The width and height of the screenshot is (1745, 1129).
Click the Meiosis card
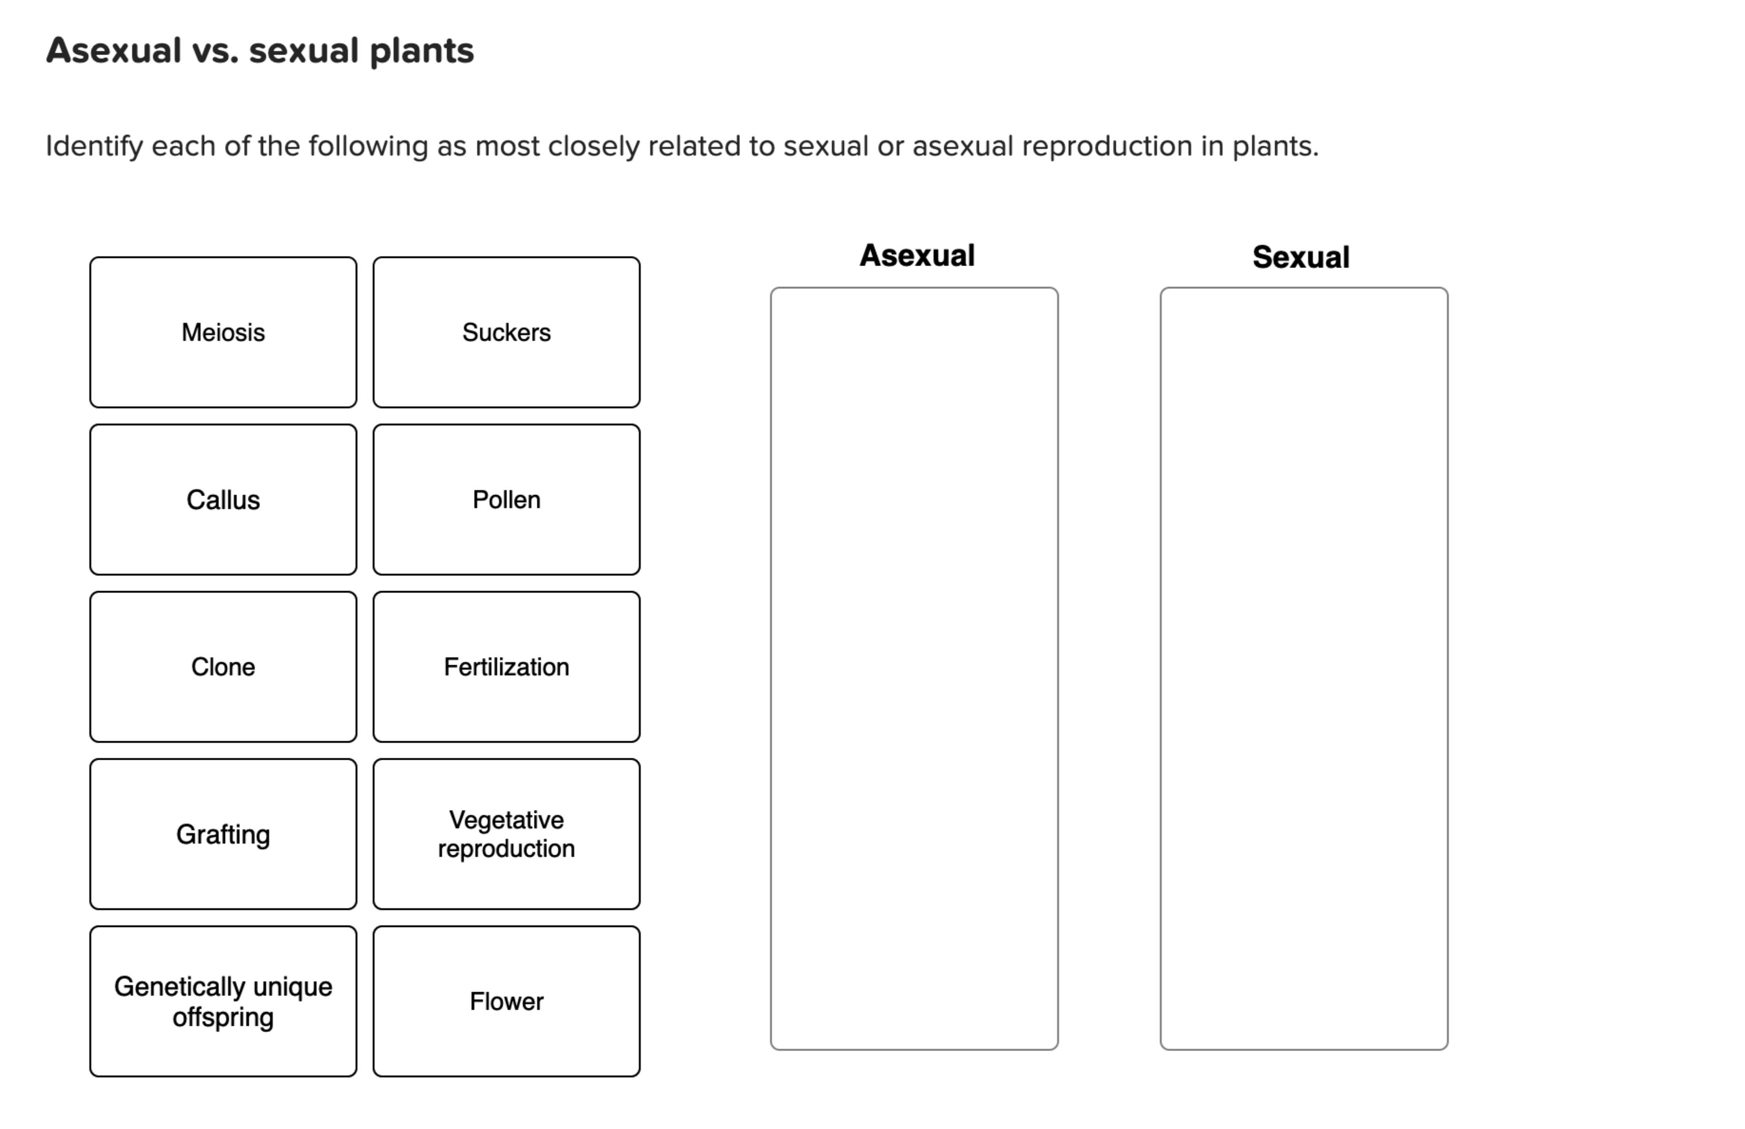pyautogui.click(x=223, y=332)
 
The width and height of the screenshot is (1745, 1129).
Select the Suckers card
pyautogui.click(x=506, y=332)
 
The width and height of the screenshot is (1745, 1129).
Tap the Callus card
pyautogui.click(x=223, y=500)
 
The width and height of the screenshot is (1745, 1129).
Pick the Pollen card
pyautogui.click(x=506, y=500)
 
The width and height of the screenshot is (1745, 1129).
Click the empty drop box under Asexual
pyautogui.click(x=914, y=669)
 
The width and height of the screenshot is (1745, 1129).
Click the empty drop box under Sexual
pyautogui.click(x=1303, y=669)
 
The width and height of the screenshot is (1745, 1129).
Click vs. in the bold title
pyautogui.click(x=215, y=51)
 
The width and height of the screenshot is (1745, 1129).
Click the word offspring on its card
pyautogui.click(x=223, y=1017)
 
